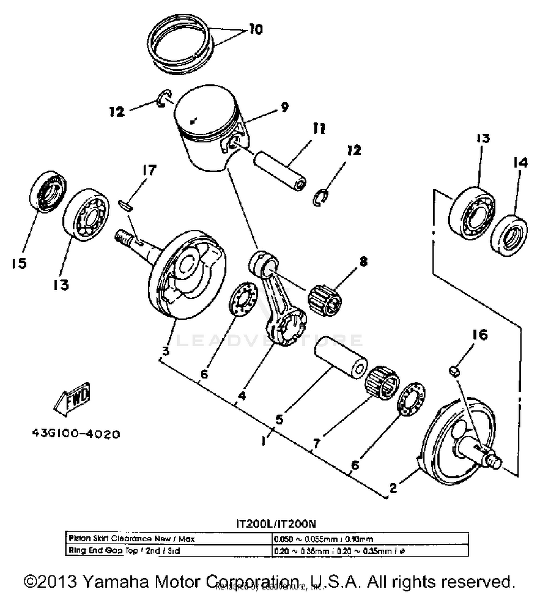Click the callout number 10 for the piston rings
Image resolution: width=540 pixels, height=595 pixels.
click(256, 30)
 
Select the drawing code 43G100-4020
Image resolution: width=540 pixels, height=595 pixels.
click(76, 434)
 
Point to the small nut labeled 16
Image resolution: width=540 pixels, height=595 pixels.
click(455, 371)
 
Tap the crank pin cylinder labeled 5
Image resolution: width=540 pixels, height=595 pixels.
click(340, 357)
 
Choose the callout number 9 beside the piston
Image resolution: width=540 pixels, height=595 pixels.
click(284, 107)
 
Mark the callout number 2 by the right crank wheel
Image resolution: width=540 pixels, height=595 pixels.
click(393, 488)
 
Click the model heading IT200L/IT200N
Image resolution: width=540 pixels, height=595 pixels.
click(276, 523)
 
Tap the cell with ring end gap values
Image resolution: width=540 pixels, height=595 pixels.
click(370, 551)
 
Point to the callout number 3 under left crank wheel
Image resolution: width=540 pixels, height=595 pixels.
click(165, 350)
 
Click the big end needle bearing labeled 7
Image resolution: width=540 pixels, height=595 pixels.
click(382, 382)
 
